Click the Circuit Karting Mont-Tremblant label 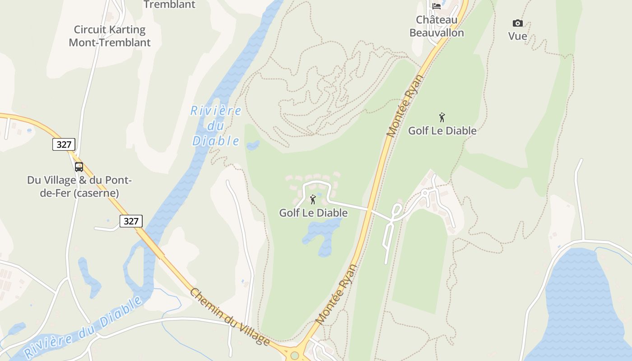(x=110, y=36)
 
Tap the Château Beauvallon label (x=437, y=26)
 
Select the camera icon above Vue (x=517, y=23)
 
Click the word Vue (x=517, y=36)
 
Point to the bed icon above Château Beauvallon (x=437, y=6)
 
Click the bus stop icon (x=79, y=167)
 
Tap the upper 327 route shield (x=64, y=144)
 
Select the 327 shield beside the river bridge (x=131, y=221)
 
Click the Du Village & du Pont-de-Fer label (x=79, y=186)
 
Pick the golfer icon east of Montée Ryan (x=442, y=117)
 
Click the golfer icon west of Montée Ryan (x=312, y=199)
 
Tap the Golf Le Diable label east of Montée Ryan (x=442, y=131)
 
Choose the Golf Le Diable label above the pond (x=313, y=213)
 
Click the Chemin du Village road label (x=230, y=317)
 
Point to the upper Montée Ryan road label (x=406, y=106)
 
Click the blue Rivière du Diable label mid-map (x=216, y=125)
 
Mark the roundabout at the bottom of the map (x=295, y=356)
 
